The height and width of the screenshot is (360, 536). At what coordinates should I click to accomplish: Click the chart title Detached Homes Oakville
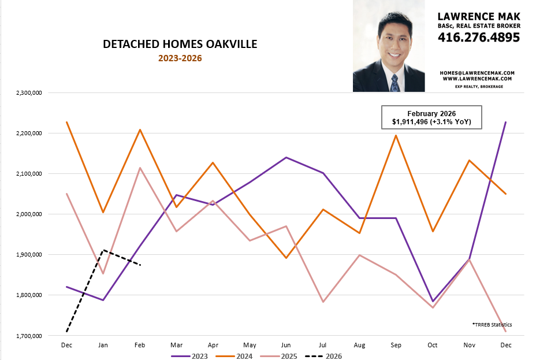(180, 44)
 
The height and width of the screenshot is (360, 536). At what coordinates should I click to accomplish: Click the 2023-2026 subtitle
(180, 58)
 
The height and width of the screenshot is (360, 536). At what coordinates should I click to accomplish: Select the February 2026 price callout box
(431, 117)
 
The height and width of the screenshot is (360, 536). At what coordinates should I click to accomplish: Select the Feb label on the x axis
(139, 345)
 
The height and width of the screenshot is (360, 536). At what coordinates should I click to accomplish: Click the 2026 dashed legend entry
(325, 356)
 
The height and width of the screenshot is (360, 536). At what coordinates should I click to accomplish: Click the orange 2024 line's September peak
(396, 135)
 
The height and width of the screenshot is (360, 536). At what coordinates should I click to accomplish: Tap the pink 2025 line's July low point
(322, 302)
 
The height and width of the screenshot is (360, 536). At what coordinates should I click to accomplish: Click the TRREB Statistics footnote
(492, 325)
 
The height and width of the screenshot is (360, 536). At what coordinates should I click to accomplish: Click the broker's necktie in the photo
(394, 83)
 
